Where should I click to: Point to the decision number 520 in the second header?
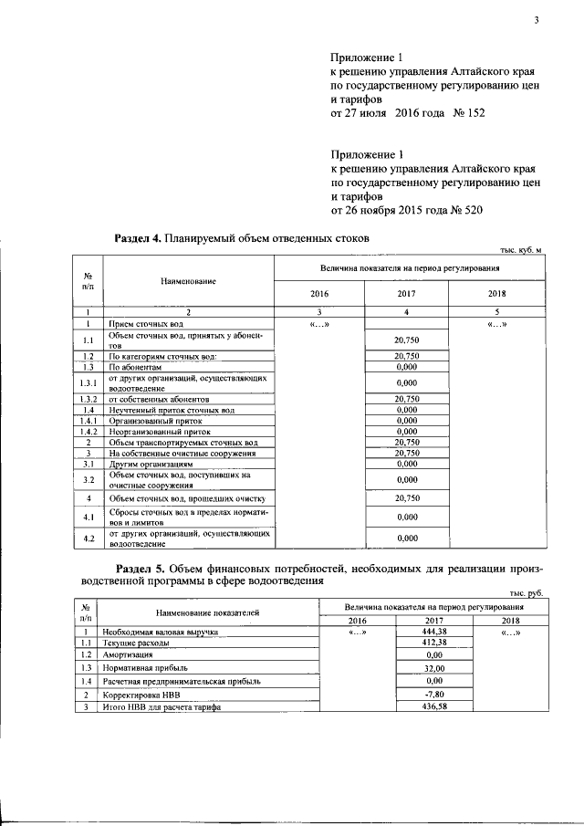point(470,209)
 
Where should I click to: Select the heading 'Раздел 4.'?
point(137,238)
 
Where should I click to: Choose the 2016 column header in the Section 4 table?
point(318,294)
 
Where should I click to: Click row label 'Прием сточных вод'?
point(146,324)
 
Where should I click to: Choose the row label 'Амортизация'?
point(128,655)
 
